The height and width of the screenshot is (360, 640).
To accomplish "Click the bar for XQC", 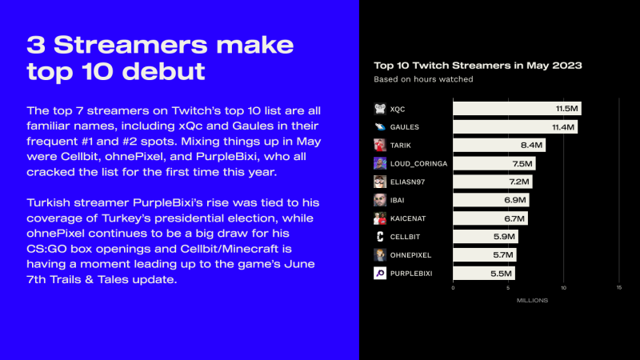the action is (517, 109).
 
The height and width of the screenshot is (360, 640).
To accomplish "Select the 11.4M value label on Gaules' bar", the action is (563, 127).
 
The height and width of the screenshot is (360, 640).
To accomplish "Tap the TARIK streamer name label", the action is (401, 146).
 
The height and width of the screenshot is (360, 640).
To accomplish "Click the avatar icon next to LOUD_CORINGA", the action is (380, 163).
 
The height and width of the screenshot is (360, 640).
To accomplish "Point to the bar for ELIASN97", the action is (493, 182).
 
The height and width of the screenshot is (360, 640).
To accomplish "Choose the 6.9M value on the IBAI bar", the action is (514, 200).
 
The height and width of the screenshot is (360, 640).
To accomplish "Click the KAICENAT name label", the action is (408, 218).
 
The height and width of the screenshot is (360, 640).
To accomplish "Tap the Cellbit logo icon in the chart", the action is (380, 236).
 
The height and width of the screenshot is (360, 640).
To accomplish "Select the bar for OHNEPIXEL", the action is (485, 254).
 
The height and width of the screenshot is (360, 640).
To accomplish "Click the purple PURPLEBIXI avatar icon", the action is (380, 273).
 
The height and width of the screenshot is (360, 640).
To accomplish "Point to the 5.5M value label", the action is (501, 274).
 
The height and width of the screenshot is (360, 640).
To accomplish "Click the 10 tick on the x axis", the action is (563, 288).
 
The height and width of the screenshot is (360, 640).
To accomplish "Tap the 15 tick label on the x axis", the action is (618, 288).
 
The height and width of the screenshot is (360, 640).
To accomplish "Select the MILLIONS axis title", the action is (532, 301).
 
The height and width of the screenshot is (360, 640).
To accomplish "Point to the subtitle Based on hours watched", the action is (423, 79).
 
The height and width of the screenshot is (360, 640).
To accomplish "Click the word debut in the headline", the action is (163, 71).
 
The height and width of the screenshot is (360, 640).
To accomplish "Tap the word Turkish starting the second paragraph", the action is (49, 203).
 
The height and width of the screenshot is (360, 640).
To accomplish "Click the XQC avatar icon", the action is (380, 109).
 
